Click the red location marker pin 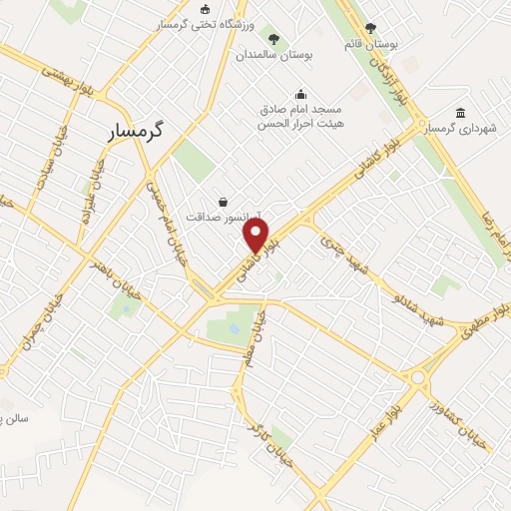pos(256,236)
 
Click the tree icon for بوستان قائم pos(371,29)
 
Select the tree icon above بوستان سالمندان pos(273,40)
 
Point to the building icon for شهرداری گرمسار pos(459,113)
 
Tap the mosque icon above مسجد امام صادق pos(300,95)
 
